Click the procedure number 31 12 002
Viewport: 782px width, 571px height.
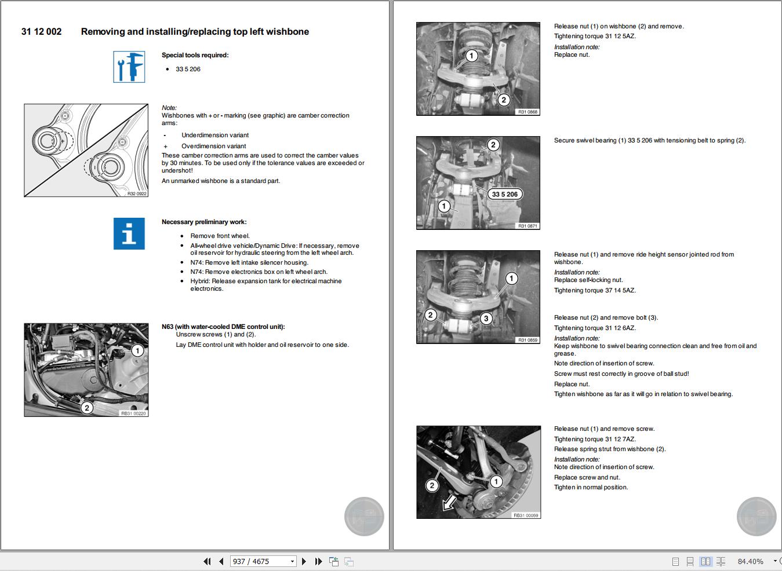pyautogui.click(x=41, y=32)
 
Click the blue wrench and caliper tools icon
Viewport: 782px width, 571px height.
pyautogui.click(x=129, y=67)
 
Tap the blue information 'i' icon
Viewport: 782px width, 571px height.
pyautogui.click(x=129, y=234)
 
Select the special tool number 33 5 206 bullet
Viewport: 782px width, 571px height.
pyautogui.click(x=188, y=69)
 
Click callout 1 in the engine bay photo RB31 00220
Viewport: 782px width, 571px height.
pyautogui.click(x=137, y=351)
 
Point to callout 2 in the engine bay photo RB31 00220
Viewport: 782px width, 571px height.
pyautogui.click(x=87, y=408)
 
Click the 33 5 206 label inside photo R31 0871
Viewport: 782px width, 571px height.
pyautogui.click(x=504, y=195)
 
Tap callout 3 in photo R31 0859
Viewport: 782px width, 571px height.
pyautogui.click(x=486, y=319)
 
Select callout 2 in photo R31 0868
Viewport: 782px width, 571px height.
pyautogui.click(x=503, y=100)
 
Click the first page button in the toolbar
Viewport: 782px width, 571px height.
pyautogui.click(x=207, y=561)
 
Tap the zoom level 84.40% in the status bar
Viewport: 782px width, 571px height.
pyautogui.click(x=750, y=561)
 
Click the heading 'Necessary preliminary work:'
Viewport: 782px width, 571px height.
pyautogui.click(x=204, y=222)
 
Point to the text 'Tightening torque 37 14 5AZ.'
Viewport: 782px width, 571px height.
pyautogui.click(x=594, y=291)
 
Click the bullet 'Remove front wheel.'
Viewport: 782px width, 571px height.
pyautogui.click(x=220, y=236)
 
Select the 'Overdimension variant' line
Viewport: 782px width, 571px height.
pyautogui.click(x=213, y=147)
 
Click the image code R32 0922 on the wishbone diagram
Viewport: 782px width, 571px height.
pyautogui.click(x=137, y=194)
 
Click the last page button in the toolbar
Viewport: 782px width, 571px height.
pyautogui.click(x=318, y=561)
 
